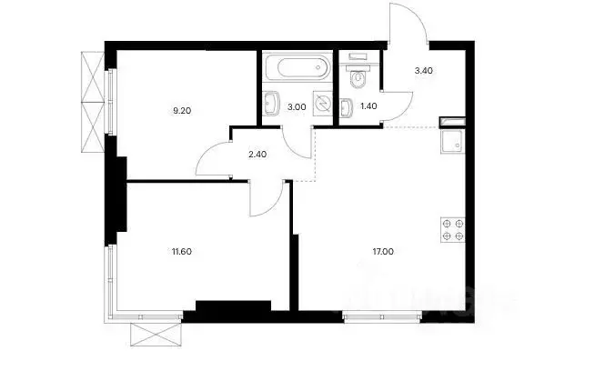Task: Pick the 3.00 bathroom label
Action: click(296, 107)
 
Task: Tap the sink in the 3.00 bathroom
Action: click(271, 106)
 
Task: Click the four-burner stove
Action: click(452, 230)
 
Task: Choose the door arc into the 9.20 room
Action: click(214, 155)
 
